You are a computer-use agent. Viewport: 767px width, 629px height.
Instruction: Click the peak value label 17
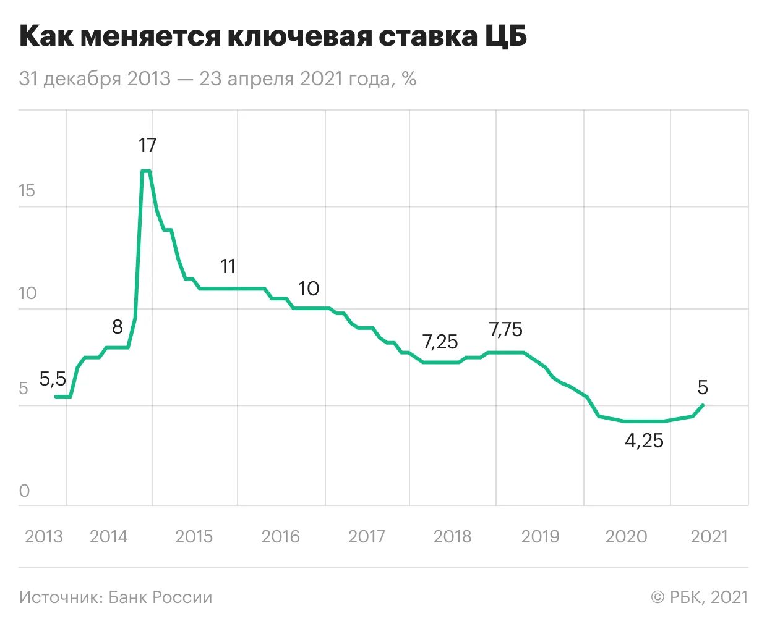pyautogui.click(x=147, y=145)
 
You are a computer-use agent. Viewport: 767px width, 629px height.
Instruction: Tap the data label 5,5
pyautogui.click(x=53, y=378)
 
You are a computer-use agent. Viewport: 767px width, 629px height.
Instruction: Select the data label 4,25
pyautogui.click(x=644, y=441)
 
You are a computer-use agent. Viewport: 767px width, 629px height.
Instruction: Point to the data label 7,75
pyautogui.click(x=505, y=330)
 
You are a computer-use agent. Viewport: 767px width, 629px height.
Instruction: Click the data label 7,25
pyautogui.click(x=440, y=342)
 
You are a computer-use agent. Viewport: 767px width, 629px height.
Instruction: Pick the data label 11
pyautogui.click(x=228, y=266)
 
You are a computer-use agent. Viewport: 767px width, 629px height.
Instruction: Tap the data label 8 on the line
pyautogui.click(x=117, y=326)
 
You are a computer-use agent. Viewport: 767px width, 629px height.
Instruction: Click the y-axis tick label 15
pyautogui.click(x=27, y=190)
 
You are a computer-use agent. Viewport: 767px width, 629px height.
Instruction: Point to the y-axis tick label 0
pyautogui.click(x=24, y=491)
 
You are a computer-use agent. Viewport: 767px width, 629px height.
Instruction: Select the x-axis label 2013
pyautogui.click(x=44, y=536)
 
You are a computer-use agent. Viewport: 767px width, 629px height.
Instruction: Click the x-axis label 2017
pyautogui.click(x=366, y=536)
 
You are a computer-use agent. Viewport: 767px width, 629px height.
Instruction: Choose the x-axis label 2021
pyautogui.click(x=709, y=536)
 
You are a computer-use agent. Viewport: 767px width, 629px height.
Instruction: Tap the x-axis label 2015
pyautogui.click(x=194, y=536)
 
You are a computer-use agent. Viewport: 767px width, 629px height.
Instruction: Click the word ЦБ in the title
pyautogui.click(x=505, y=37)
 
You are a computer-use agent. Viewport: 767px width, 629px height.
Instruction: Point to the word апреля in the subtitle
pyautogui.click(x=263, y=79)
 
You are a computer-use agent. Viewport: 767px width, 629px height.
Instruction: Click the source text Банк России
pyautogui.click(x=160, y=597)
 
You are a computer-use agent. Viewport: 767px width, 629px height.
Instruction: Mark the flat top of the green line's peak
pyautogui.click(x=146, y=171)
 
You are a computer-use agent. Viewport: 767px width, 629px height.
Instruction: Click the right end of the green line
pyautogui.click(x=703, y=405)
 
